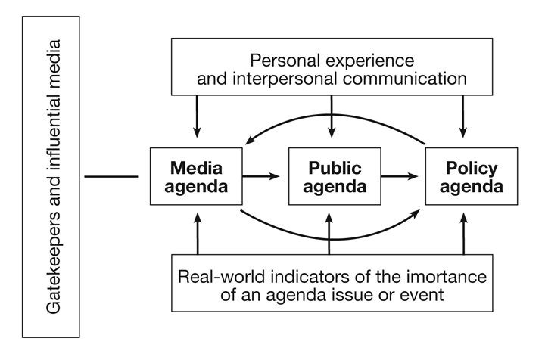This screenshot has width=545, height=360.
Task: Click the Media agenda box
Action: [x=197, y=176]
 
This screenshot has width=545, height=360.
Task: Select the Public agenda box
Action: [x=329, y=176]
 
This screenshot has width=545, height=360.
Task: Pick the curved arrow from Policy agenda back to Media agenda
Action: [x=333, y=116]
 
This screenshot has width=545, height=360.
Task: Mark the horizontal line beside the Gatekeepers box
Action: [x=111, y=177]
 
